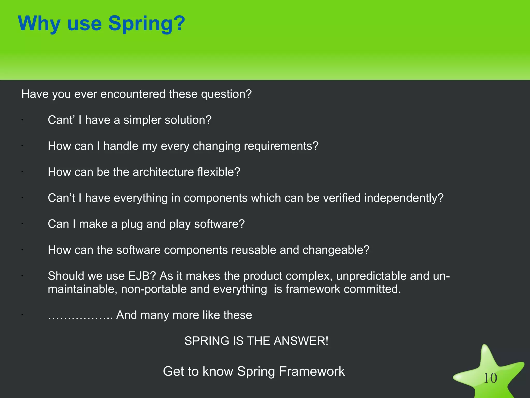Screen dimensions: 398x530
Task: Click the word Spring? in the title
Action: [x=146, y=24]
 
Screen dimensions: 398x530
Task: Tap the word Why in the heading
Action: [x=39, y=24]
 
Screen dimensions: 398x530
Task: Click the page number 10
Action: [x=490, y=378]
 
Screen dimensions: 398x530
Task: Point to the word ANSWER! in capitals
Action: [x=301, y=341]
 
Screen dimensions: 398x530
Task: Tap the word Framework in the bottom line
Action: [x=312, y=371]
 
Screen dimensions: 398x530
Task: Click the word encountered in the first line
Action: [x=133, y=94]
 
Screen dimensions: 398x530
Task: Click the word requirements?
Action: [x=281, y=146]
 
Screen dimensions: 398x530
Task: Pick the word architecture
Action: [x=163, y=172]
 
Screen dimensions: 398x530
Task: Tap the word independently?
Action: [x=404, y=198]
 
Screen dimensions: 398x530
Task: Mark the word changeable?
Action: [x=336, y=250]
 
